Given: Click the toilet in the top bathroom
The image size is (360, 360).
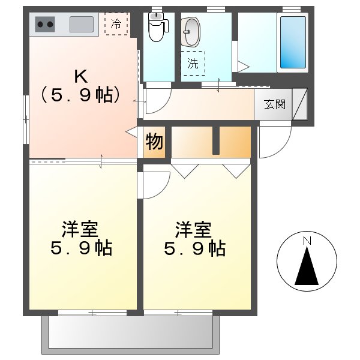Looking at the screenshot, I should point(157,28).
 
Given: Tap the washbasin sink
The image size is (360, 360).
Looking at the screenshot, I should point(192,31).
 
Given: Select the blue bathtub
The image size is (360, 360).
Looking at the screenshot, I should point(293,42).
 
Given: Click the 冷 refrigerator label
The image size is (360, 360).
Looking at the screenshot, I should point(116,24).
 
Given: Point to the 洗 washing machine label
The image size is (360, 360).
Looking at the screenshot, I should point(193,64).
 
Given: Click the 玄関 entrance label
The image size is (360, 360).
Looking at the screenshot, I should point(274,104).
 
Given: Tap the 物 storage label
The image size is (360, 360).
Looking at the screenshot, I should point(154,142).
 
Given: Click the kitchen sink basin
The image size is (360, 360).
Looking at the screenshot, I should point(81,25).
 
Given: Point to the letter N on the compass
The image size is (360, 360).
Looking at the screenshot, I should point(307,241).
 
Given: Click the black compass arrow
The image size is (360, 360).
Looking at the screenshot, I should point(307,267).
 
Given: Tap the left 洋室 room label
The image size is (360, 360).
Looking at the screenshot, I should point(80,229).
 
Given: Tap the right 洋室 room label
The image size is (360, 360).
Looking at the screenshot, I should point(193,229).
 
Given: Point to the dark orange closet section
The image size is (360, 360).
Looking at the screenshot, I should point(235,142).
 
